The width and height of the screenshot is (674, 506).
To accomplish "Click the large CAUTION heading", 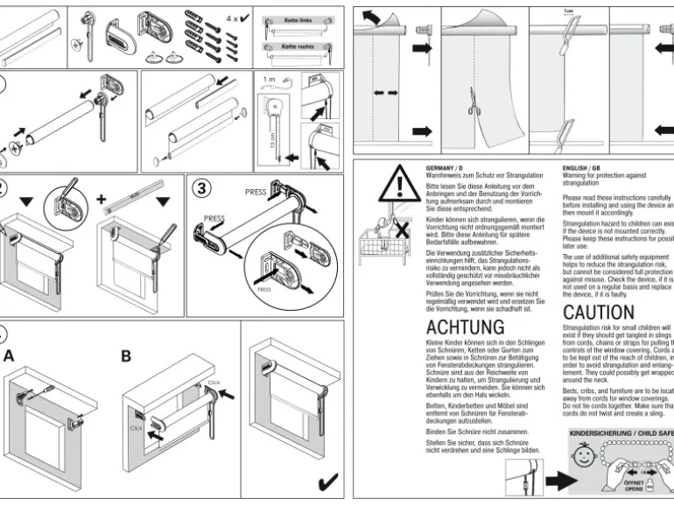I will pyautogui.click(x=599, y=313).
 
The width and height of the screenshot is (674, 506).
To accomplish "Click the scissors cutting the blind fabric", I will pyautogui.click(x=474, y=107).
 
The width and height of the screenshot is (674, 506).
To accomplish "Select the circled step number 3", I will pyautogui.click(x=201, y=188).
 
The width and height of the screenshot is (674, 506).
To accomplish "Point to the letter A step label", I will pyautogui.click(x=10, y=355).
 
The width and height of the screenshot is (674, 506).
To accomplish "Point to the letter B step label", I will pyautogui.click(x=126, y=355).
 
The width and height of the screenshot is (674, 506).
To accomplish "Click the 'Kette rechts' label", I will pyautogui.click(x=298, y=45).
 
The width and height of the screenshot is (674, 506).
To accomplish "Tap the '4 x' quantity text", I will pyautogui.click(x=235, y=18).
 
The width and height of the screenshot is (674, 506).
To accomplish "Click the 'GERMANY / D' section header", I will pyautogui.click(x=445, y=166).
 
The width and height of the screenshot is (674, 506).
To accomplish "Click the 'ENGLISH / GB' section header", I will pyautogui.click(x=581, y=166).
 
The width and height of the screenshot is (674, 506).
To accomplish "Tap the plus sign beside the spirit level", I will pyautogui.click(x=102, y=199).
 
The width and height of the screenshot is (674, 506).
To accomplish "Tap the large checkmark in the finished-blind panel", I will pyautogui.click(x=328, y=481).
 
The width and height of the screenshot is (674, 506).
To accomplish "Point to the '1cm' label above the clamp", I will pyautogui.click(x=569, y=11).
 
